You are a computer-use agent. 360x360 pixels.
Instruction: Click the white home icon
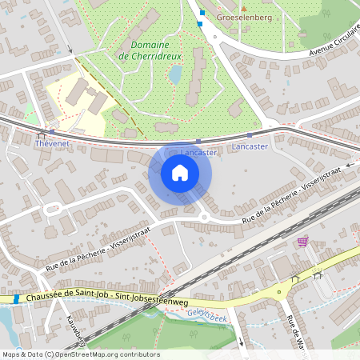180,172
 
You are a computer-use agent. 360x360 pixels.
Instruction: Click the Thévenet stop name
53,145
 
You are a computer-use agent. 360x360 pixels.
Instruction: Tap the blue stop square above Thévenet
51,132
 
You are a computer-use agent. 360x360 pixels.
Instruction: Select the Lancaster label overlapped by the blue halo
199,152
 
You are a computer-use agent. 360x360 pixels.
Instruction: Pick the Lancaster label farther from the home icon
250,147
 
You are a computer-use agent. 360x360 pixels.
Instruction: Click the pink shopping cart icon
302,241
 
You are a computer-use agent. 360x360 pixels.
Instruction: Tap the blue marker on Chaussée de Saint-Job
16,298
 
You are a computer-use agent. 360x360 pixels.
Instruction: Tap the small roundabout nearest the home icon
203,216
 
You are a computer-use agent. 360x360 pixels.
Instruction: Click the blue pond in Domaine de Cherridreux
175,74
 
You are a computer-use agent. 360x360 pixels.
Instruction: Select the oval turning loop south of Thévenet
53,208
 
